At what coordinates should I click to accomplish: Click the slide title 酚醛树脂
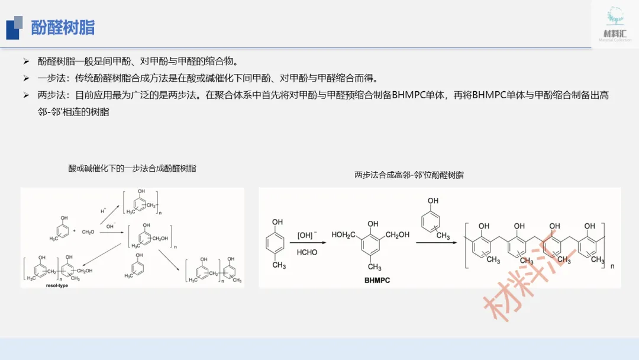[63, 27]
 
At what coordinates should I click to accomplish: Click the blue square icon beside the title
[14, 28]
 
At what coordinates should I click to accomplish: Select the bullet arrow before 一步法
[26, 78]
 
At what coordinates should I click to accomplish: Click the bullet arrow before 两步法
[26, 95]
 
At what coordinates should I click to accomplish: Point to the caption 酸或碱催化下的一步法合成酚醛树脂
[132, 169]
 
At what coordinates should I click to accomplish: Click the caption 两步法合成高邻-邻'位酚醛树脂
[409, 175]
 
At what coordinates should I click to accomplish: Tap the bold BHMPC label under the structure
[377, 280]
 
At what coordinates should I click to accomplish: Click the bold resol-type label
[57, 285]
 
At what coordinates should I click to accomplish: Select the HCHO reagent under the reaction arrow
[307, 252]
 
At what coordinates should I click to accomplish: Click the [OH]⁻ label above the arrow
[307, 235]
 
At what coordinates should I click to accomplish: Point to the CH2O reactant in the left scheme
[88, 231]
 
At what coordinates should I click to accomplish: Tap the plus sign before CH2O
[74, 230]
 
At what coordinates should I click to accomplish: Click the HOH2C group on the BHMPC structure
[343, 235]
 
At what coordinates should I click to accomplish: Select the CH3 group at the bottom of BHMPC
[375, 268]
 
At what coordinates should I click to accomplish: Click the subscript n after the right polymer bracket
[612, 266]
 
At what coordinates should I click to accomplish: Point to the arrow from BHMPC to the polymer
[432, 242]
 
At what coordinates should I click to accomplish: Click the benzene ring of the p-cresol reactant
[277, 243]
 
